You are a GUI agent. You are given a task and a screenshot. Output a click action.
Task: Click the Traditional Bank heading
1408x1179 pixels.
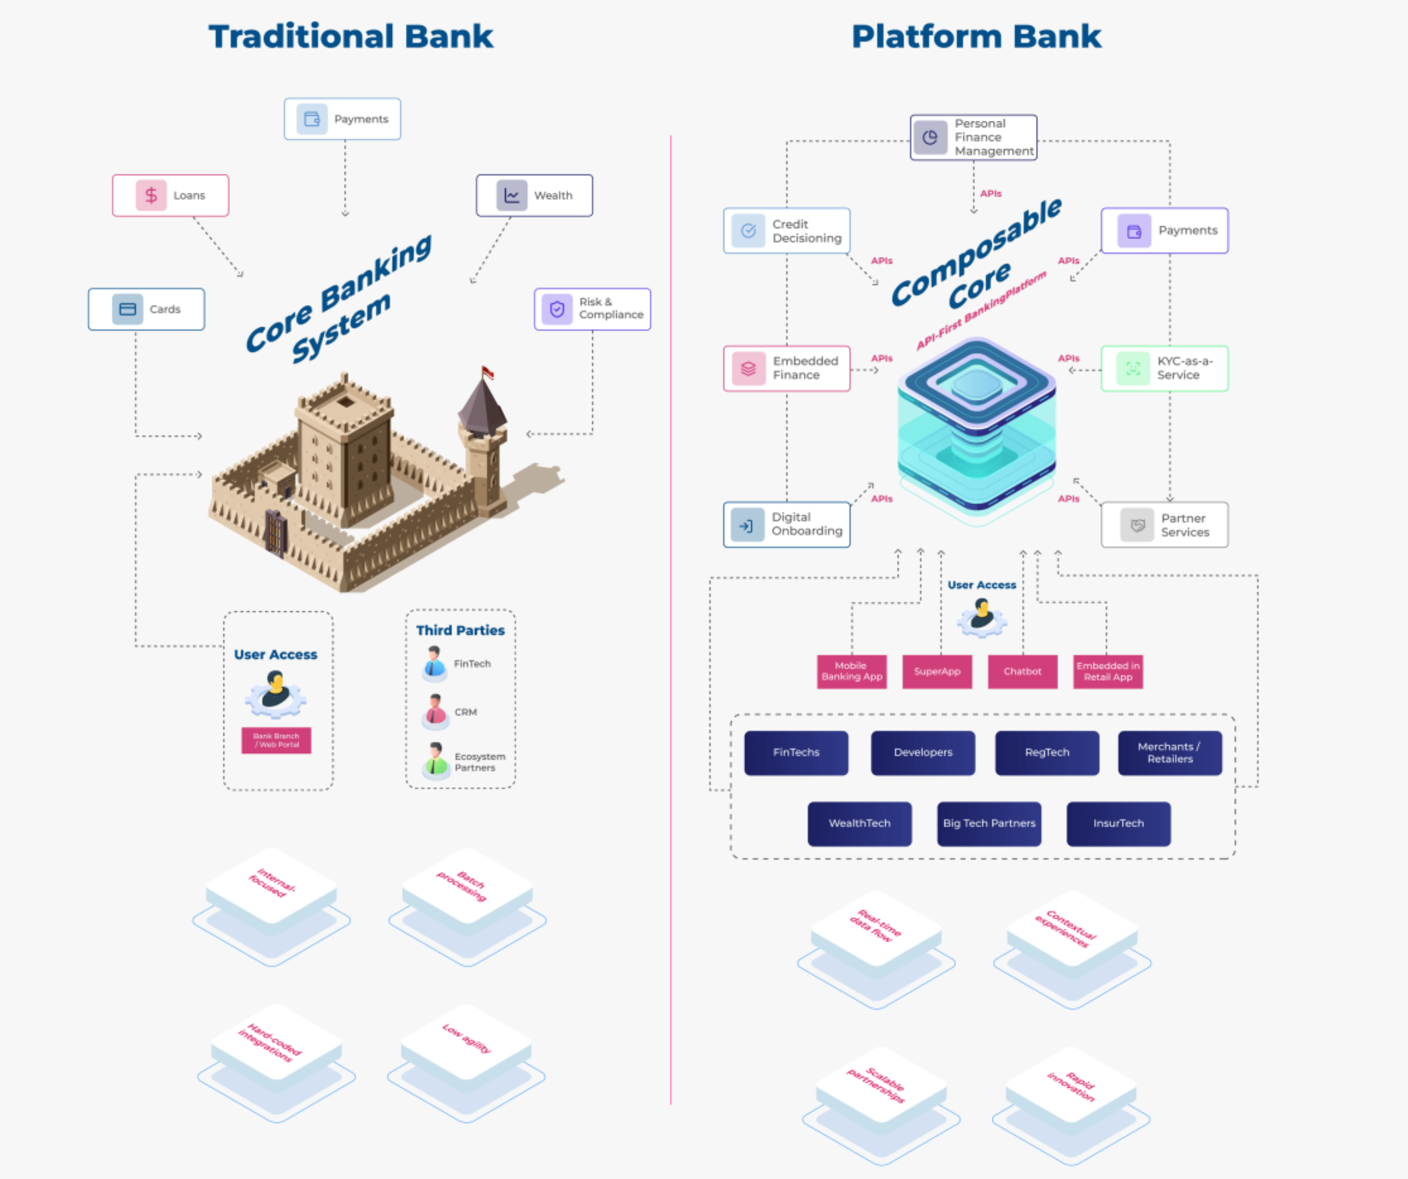tap(350, 36)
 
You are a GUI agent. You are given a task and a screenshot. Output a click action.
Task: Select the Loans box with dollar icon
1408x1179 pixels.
tap(170, 195)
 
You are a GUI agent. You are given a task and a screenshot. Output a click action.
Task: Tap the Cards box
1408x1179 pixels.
tap(146, 309)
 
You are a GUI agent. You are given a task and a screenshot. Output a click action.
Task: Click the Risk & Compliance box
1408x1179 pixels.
tap(592, 308)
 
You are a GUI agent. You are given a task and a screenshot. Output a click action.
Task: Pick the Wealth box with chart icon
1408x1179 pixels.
tap(534, 195)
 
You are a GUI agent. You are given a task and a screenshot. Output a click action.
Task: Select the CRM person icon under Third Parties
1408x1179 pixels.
tap(435, 711)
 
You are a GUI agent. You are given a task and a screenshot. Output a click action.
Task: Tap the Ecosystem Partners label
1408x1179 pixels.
tap(479, 762)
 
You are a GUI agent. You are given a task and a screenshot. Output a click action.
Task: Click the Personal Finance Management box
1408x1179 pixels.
tap(973, 137)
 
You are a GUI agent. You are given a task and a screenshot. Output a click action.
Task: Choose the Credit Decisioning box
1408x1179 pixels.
tap(787, 231)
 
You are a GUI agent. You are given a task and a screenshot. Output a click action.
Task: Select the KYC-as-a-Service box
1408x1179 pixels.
tap(1164, 368)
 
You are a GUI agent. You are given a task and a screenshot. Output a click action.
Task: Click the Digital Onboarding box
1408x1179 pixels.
tap(787, 524)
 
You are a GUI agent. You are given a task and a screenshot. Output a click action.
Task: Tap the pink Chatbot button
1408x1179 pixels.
tap(1022, 672)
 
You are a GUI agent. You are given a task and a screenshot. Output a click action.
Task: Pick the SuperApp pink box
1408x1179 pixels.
tap(937, 672)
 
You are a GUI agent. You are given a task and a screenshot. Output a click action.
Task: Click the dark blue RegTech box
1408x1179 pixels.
tap(1047, 753)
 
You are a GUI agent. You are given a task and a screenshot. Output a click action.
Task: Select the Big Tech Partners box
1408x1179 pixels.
tap(989, 824)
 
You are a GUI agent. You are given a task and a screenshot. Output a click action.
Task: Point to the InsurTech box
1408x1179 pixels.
tap(1118, 824)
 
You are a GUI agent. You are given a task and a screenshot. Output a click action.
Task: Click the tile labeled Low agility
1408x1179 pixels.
tap(466, 1039)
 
